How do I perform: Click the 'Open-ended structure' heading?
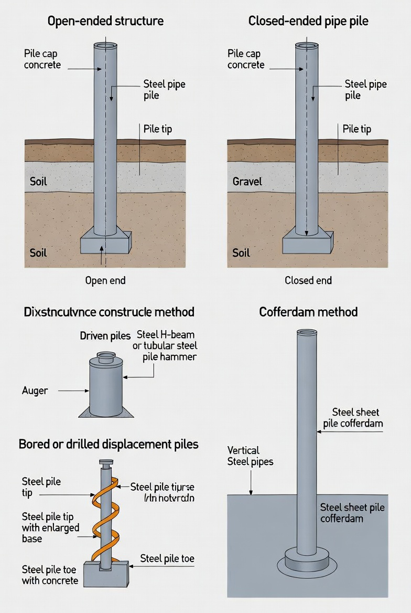pyautogui.click(x=105, y=22)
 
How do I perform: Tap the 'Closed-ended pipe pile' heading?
pyautogui.click(x=308, y=22)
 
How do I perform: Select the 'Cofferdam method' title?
pyautogui.click(x=308, y=312)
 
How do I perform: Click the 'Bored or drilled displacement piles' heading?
pyautogui.click(x=109, y=444)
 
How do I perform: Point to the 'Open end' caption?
pyautogui.click(x=105, y=280)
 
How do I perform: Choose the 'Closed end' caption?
pyautogui.click(x=308, y=280)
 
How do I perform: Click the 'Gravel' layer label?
pyautogui.click(x=247, y=182)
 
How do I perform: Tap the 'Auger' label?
pyautogui.click(x=35, y=390)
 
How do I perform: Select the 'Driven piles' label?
pyautogui.click(x=105, y=336)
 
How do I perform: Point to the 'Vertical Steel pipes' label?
pyautogui.click(x=250, y=456)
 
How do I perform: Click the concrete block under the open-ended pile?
pyautogui.click(x=105, y=242)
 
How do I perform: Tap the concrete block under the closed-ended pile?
pyautogui.click(x=308, y=243)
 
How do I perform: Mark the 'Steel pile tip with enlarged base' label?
pyautogui.click(x=50, y=527)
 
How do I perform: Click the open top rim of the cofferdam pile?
pyautogui.click(x=307, y=332)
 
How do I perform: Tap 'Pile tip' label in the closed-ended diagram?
pyautogui.click(x=357, y=129)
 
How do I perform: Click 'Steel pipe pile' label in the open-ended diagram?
pyautogui.click(x=164, y=90)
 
